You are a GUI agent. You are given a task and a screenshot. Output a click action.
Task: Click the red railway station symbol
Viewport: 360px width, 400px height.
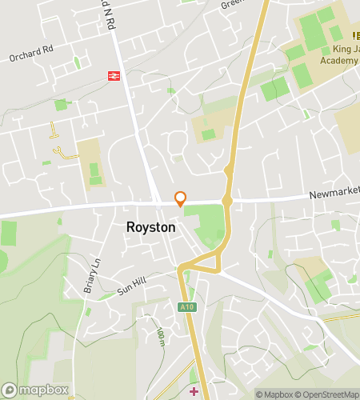click(x=114, y=76)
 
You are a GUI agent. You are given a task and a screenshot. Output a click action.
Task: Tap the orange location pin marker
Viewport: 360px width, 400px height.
click(x=181, y=198)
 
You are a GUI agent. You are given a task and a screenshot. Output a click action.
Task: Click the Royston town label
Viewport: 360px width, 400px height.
click(x=150, y=227)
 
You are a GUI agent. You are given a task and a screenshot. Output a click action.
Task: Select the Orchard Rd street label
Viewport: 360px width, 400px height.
click(x=30, y=58)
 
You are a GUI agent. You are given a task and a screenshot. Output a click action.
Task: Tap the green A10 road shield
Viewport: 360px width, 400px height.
click(x=186, y=306)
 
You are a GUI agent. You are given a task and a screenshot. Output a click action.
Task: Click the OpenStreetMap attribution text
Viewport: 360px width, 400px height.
click(x=327, y=394)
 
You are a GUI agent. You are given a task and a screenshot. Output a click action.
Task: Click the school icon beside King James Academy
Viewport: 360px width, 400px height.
click(x=356, y=35)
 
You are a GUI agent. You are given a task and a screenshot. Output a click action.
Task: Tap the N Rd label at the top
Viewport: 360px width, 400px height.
click(x=107, y=14)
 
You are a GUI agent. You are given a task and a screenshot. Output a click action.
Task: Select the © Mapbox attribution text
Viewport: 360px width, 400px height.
click(x=274, y=394)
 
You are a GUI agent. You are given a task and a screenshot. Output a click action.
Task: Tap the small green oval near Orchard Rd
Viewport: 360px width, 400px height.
click(x=78, y=62)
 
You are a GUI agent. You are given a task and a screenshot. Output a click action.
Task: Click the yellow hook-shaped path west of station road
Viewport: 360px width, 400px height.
click(x=58, y=150)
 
